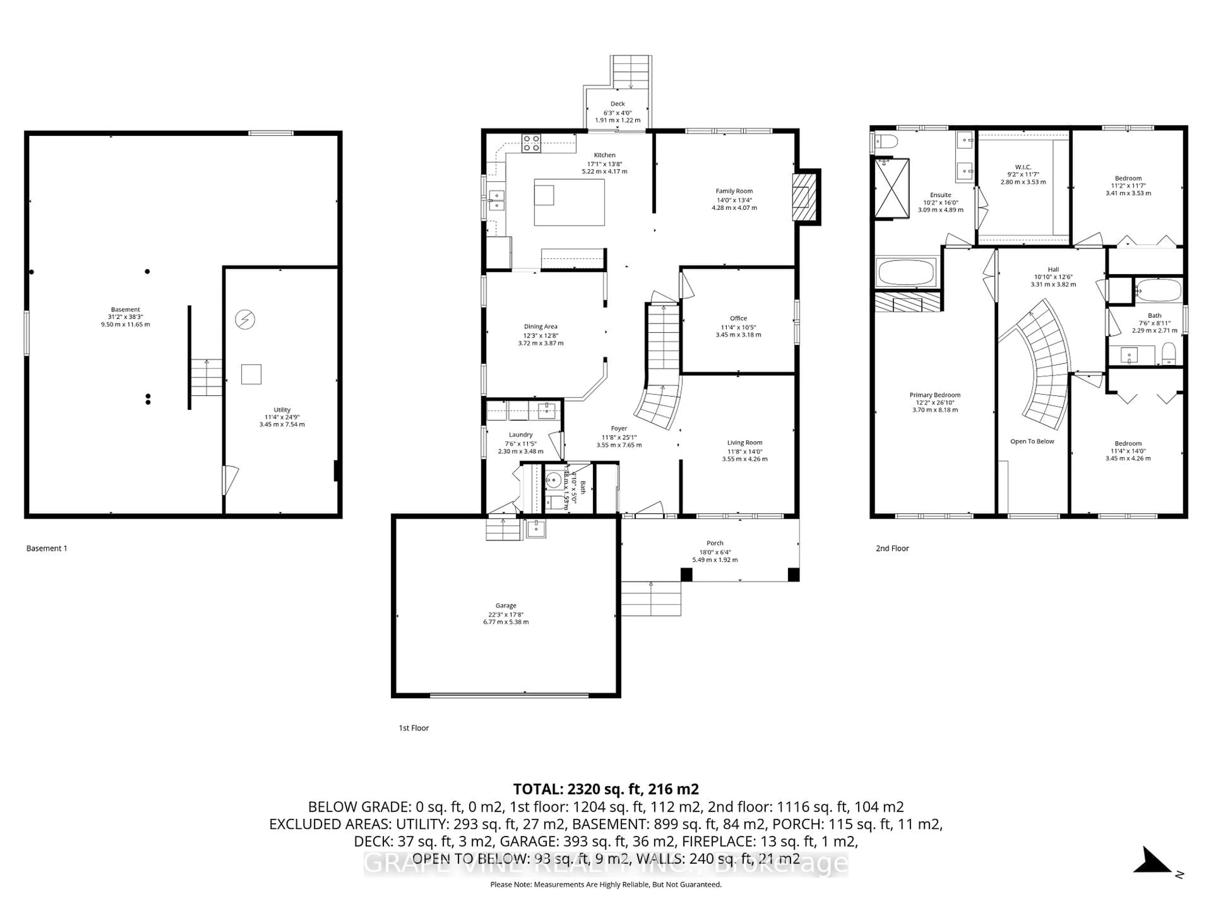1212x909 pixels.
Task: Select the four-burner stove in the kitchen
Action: [531, 143]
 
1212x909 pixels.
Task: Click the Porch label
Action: [715, 543]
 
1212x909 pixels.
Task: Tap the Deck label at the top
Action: [617, 104]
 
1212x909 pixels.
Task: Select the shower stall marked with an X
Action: [891, 188]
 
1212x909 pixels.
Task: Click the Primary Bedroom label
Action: [935, 395]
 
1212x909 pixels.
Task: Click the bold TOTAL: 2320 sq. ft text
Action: [605, 789]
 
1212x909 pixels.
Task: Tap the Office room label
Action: [738, 318]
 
